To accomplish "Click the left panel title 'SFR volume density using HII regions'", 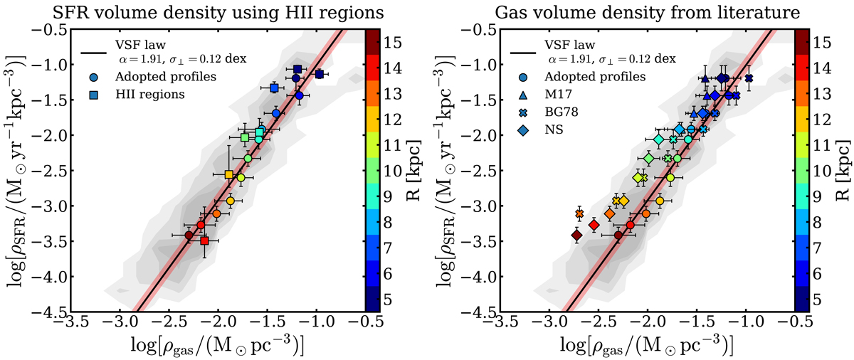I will (209, 11).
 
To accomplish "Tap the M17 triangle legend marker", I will (524, 95).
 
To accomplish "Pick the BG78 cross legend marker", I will (524, 112).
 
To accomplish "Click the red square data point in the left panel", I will (204, 241).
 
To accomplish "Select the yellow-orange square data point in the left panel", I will (228, 174).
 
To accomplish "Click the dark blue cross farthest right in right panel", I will (749, 78).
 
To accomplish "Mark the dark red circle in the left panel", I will (189, 235).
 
